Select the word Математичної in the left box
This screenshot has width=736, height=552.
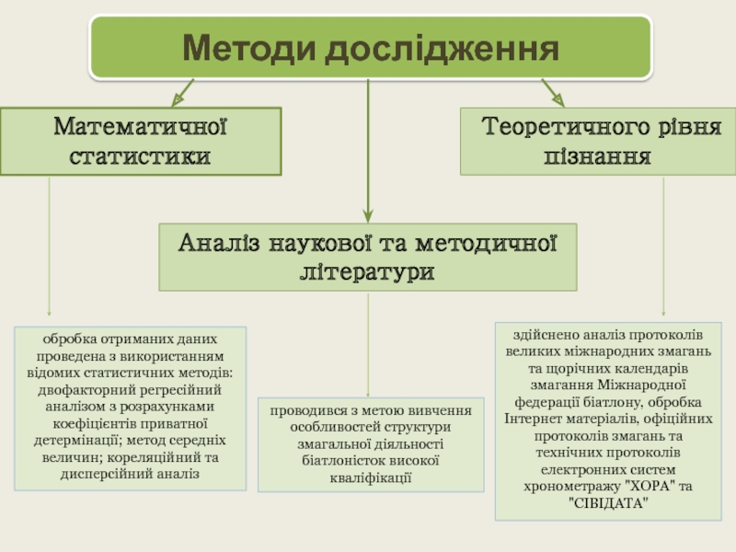point(141,125)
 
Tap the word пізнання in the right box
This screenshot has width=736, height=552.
point(597,155)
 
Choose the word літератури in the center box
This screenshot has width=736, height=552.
point(368,272)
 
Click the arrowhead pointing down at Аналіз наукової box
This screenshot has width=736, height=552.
point(368,213)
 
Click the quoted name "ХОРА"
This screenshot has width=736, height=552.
point(645,487)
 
